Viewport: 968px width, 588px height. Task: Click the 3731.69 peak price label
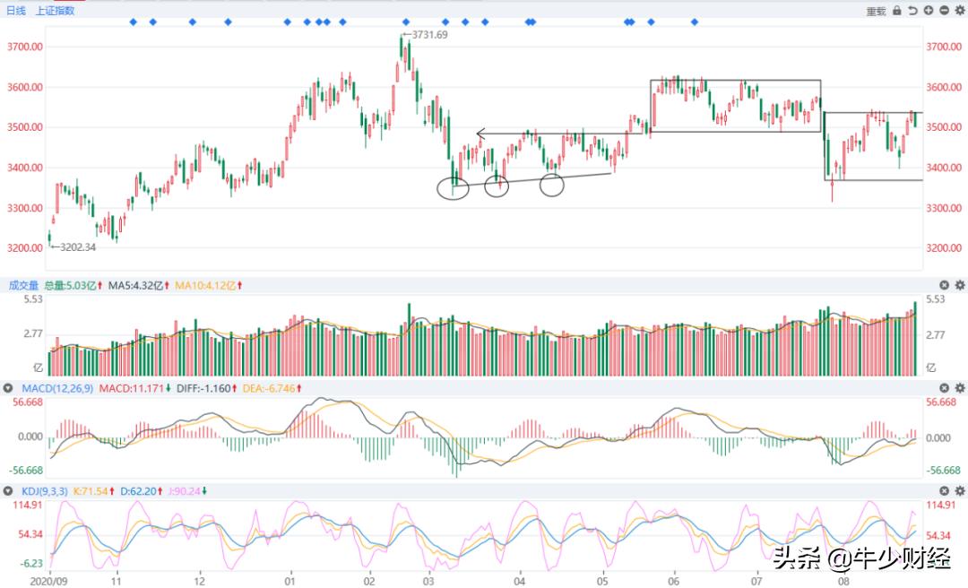(428, 34)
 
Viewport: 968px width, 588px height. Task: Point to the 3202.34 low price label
(75, 246)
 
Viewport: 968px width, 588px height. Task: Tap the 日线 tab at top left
(17, 11)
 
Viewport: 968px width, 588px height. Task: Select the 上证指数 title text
(56, 11)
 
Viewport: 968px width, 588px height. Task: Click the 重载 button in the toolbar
(876, 11)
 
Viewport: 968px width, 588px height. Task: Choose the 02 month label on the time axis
(370, 580)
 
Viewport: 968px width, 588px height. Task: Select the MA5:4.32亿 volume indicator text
(136, 285)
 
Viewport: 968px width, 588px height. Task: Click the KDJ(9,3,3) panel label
(43, 491)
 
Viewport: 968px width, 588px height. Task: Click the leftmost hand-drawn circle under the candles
(454, 188)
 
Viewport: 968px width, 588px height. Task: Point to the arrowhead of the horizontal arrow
(480, 134)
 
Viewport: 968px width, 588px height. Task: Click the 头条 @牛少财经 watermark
(861, 559)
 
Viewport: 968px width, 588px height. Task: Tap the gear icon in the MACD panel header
(960, 387)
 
